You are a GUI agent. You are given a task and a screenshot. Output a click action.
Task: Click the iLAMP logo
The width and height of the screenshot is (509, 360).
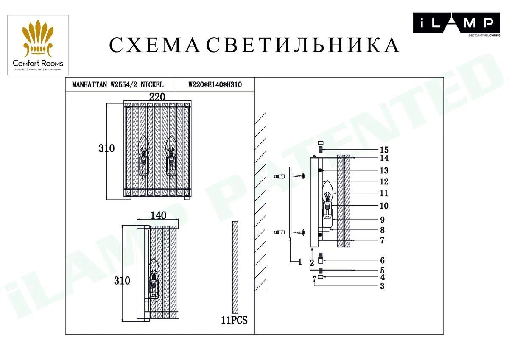456,25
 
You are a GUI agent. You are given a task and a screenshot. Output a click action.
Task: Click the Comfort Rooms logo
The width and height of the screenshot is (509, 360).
38,45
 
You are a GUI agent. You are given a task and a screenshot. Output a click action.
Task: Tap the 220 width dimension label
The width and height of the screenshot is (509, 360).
157,97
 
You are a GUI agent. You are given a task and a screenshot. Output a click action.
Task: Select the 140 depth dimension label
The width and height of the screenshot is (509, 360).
158,215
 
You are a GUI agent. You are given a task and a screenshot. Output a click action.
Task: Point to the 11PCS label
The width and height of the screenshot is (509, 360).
234,320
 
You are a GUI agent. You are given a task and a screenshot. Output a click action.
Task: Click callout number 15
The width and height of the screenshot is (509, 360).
384,150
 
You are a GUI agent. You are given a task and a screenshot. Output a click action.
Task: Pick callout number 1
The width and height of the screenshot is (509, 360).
300,262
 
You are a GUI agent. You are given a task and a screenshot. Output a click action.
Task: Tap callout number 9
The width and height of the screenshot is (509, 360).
383,220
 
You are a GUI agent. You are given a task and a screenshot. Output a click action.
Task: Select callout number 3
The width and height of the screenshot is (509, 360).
383,286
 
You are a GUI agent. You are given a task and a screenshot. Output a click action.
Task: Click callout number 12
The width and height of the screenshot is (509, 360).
384,182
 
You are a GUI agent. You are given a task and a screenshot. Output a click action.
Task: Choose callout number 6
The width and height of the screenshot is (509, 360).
383,260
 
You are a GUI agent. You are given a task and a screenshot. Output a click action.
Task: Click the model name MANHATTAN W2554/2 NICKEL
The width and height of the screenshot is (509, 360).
118,85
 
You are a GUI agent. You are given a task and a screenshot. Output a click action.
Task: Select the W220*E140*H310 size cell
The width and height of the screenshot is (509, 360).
215,85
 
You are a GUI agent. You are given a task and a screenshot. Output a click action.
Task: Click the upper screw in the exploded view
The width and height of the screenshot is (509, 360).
299,176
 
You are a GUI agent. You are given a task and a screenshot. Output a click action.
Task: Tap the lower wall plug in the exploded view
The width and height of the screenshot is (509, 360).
280,232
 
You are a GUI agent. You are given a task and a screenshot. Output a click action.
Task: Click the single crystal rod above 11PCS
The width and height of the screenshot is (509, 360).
235,267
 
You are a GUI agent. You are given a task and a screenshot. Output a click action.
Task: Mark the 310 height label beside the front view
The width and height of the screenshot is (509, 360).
106,148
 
